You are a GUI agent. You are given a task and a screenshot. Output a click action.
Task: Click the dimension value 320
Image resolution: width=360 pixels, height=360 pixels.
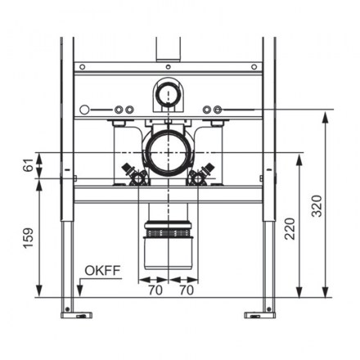[x=317, y=206]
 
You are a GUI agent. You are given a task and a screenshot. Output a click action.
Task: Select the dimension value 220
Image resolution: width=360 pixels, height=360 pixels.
[x=290, y=228]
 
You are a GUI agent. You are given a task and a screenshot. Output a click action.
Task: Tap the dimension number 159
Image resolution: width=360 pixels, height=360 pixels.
[x=29, y=238]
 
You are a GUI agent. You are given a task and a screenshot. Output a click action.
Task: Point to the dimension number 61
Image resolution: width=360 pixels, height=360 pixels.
[x=29, y=164]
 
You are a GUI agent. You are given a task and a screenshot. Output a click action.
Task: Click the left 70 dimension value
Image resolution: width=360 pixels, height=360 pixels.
[x=155, y=290]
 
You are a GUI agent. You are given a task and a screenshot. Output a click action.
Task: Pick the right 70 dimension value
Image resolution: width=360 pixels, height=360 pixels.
[x=187, y=290]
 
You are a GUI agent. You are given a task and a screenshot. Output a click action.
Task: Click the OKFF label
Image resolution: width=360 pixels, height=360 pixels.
[x=102, y=270]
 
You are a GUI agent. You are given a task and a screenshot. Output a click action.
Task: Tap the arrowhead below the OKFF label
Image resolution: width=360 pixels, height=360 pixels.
[x=80, y=290]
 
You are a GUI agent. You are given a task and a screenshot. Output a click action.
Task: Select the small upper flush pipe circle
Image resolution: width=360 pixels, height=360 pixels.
[x=168, y=95]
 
